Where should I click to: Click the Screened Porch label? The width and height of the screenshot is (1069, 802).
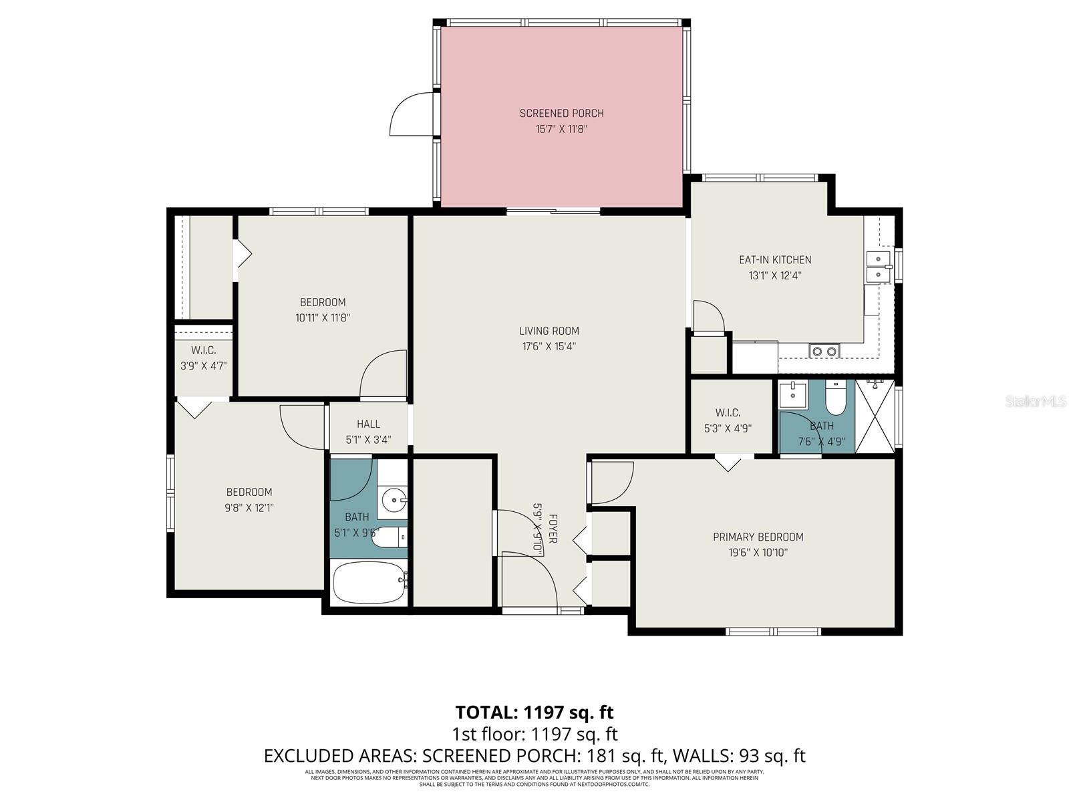click(561, 114)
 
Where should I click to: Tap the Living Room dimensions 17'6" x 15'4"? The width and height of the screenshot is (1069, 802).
click(549, 346)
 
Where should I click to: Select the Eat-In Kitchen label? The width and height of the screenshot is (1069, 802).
click(774, 260)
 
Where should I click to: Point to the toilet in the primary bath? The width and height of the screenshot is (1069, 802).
click(835, 399)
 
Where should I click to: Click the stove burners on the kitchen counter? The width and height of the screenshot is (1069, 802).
click(824, 351)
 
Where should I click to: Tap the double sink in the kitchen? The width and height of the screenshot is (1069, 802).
click(879, 266)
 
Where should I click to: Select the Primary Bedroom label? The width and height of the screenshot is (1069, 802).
click(758, 537)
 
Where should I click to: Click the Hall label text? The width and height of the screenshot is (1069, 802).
click(368, 424)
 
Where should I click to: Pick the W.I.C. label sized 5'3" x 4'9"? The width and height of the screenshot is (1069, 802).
click(728, 413)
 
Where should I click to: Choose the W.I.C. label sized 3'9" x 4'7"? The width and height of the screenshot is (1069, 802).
click(203, 350)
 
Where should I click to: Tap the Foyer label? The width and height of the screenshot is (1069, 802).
click(553, 529)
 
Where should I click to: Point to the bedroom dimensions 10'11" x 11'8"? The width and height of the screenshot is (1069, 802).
click(323, 318)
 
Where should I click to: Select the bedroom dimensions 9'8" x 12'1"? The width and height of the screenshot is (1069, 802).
click(249, 508)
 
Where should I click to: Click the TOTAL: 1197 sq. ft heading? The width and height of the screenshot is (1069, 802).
click(534, 712)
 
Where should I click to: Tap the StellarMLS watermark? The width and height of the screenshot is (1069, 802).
click(1036, 402)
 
